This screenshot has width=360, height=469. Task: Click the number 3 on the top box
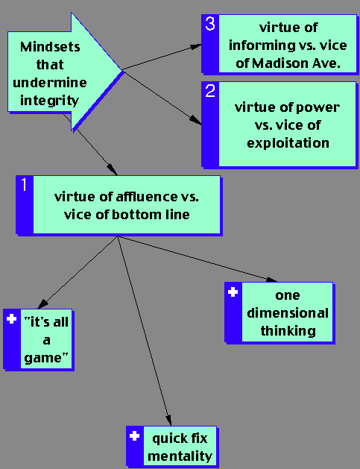[210, 24]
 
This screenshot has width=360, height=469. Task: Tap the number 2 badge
[210, 91]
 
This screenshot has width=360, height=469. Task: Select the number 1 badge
[24, 185]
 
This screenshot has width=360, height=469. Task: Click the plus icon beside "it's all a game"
[12, 319]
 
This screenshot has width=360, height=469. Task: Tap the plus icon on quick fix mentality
[135, 436]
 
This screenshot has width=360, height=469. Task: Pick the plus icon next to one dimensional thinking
[233, 292]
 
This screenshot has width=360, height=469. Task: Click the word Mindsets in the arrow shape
[50, 47]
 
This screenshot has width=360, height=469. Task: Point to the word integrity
[49, 101]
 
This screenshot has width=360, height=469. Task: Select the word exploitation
[288, 143]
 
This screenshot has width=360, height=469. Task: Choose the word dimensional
[288, 313]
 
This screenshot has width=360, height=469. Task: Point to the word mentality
[180, 456]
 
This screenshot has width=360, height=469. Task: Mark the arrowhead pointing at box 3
[196, 47]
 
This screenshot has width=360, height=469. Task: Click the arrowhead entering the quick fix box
[168, 420]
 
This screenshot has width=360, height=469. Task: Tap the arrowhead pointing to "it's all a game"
[42, 303]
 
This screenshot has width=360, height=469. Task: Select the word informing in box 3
[262, 45]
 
